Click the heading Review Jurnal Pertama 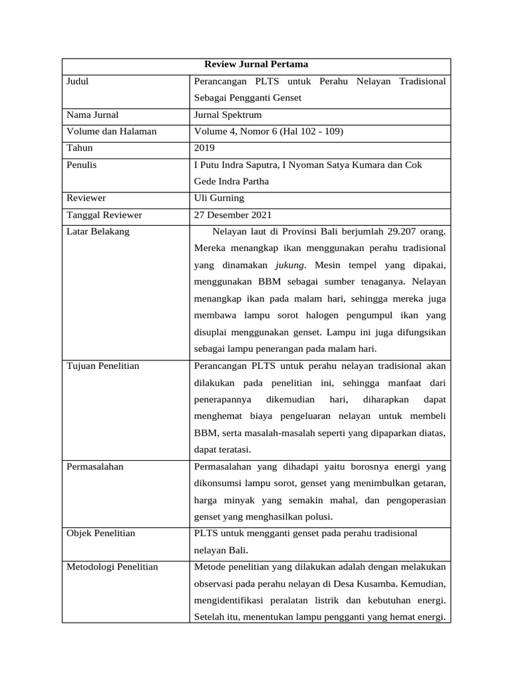(x=255, y=65)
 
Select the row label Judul (x=78, y=81)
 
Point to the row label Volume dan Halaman (x=112, y=131)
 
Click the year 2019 (x=204, y=148)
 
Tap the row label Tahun (x=80, y=148)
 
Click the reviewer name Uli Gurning (x=219, y=198)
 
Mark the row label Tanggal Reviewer (x=104, y=214)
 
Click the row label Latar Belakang (x=98, y=231)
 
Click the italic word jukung (x=291, y=264)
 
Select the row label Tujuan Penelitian (x=103, y=366)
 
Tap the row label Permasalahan (x=95, y=466)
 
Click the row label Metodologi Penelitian (x=112, y=567)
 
